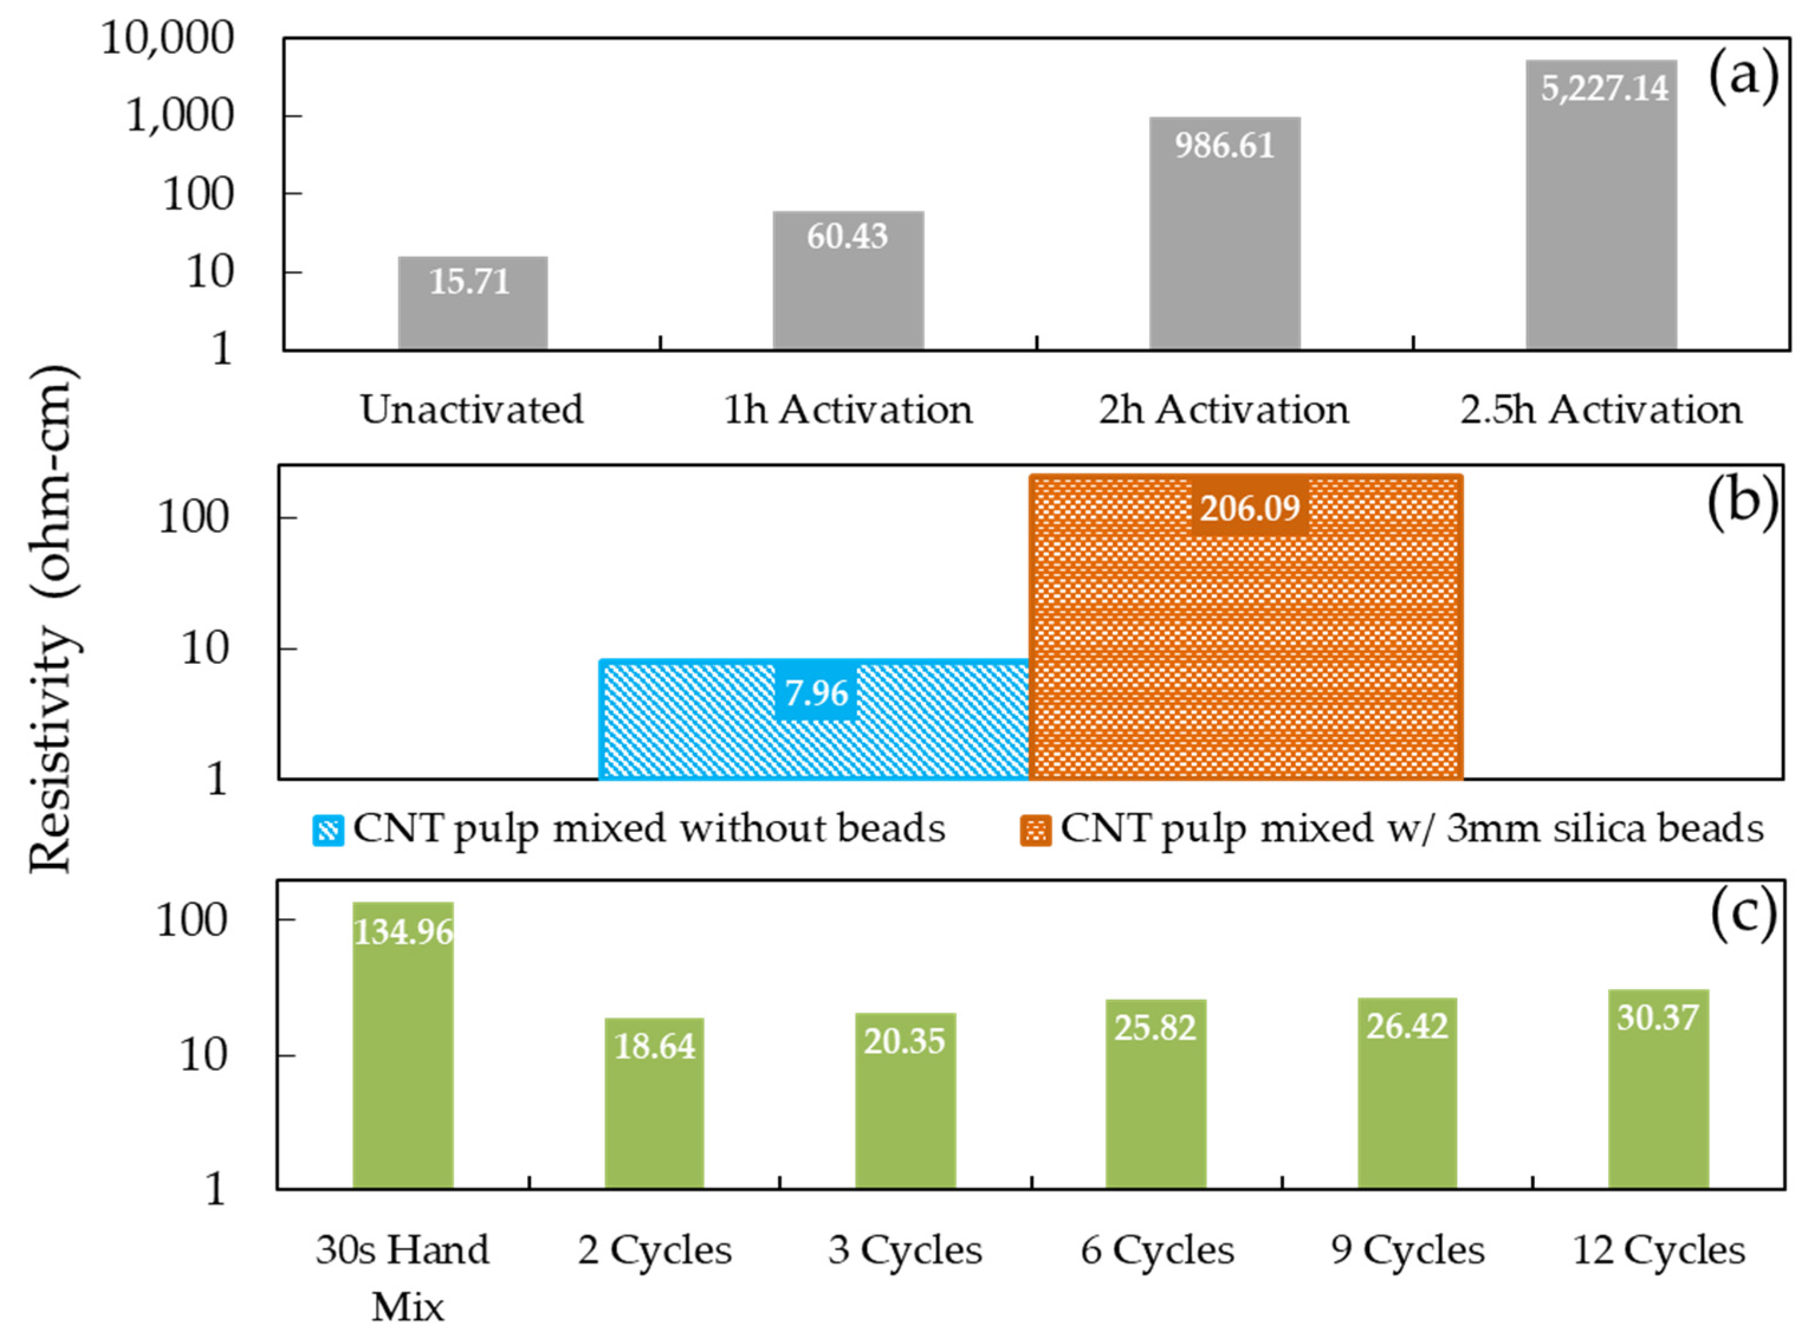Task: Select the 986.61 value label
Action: (x=1224, y=146)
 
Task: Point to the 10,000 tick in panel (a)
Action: (x=168, y=38)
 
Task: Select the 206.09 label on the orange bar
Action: (x=1249, y=509)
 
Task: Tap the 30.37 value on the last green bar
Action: (x=1657, y=1017)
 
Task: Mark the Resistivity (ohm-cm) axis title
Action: (x=53, y=620)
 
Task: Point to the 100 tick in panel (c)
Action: (x=192, y=921)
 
